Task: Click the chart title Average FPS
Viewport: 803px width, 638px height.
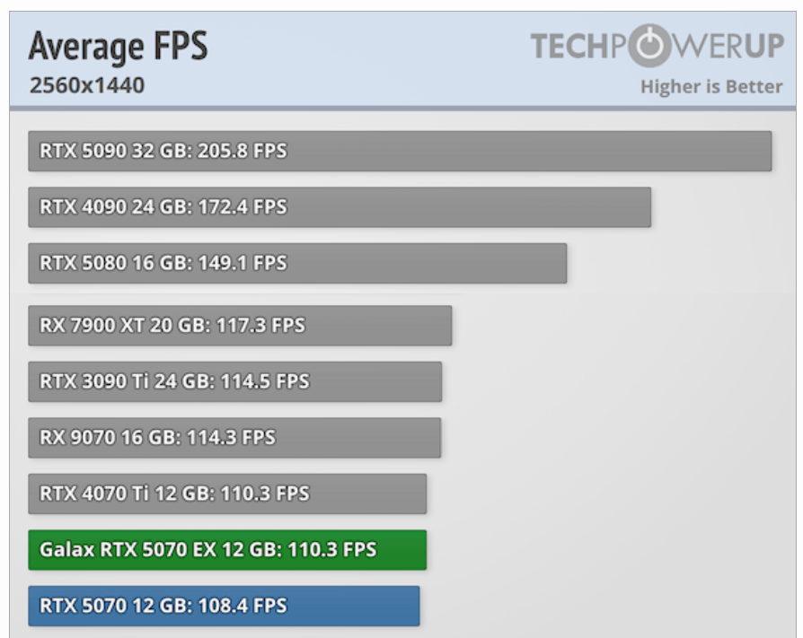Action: [118, 47]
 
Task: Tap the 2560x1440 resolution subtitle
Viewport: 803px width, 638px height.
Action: [86, 86]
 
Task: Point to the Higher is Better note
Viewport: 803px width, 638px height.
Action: [710, 87]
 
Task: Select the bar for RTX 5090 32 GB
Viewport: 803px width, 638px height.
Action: [400, 151]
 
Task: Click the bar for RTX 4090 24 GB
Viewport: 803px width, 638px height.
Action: [340, 207]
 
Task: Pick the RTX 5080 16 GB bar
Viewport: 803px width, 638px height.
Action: [297, 263]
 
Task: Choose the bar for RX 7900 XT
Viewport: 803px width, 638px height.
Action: [240, 325]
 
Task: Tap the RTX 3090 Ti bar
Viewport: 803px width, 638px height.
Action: [234, 381]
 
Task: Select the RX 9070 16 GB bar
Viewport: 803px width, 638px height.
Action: [234, 438]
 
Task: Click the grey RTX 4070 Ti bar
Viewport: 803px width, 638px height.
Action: [227, 494]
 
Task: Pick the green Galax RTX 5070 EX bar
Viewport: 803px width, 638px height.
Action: [227, 550]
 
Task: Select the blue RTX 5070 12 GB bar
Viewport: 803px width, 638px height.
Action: [224, 606]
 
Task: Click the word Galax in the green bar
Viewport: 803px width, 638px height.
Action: [66, 550]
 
